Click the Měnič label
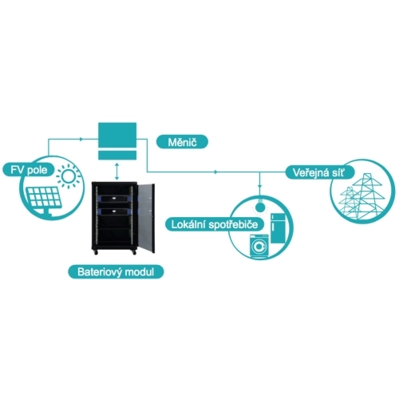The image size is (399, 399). (182, 142)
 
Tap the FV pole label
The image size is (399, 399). (29, 170)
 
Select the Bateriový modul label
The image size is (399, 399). (116, 272)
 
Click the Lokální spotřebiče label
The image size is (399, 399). (215, 224)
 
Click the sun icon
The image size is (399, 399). (69, 176)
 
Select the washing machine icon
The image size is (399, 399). (259, 246)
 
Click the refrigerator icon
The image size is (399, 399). (278, 228)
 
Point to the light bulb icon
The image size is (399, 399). (259, 204)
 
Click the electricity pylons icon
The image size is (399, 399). (362, 197)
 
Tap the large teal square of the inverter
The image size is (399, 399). (117, 135)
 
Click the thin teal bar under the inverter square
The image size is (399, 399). (117, 155)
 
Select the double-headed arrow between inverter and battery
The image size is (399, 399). (117, 171)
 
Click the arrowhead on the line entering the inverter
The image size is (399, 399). (81, 139)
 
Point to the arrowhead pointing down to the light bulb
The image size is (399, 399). (260, 186)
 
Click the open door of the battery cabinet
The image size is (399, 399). (146, 218)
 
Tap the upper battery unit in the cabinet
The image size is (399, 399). (114, 199)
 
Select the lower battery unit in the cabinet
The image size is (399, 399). (114, 211)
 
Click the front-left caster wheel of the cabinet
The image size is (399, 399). (96, 252)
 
